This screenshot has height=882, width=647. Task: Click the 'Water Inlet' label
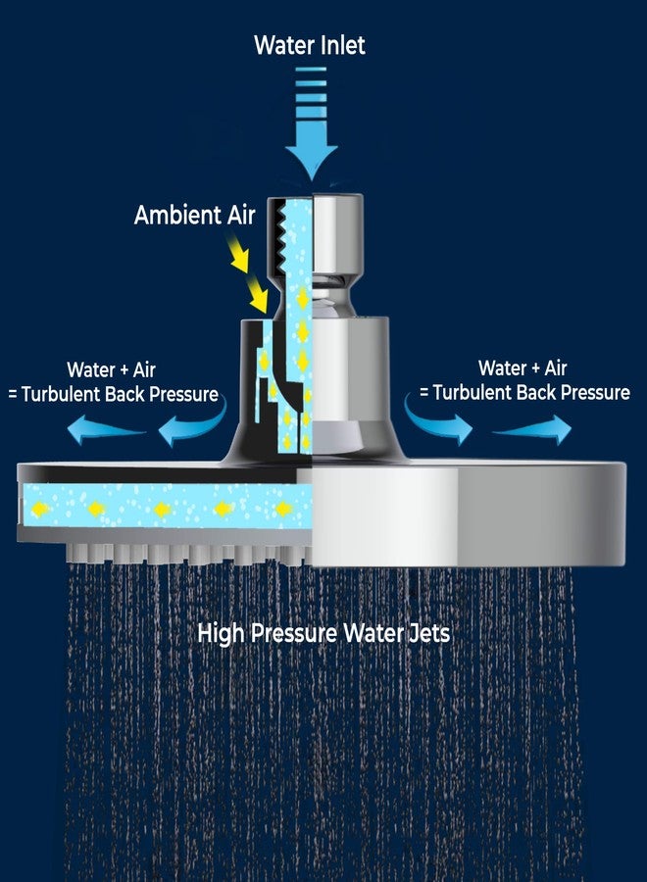[310, 45]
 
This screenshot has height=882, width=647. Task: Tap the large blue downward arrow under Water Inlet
[311, 123]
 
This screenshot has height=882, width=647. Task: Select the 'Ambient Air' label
[195, 215]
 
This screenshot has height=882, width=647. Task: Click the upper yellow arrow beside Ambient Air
[238, 254]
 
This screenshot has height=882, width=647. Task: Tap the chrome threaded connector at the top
[337, 235]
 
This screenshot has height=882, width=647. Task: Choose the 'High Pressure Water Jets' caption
[324, 633]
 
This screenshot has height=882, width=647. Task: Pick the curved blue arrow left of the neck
[193, 423]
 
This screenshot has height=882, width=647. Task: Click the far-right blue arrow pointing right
[532, 430]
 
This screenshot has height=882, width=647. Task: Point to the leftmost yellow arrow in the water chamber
[40, 509]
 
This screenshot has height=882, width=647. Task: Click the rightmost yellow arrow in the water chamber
[283, 509]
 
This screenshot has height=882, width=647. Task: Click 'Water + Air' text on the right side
[523, 368]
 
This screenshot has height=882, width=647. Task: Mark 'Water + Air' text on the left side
[112, 370]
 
